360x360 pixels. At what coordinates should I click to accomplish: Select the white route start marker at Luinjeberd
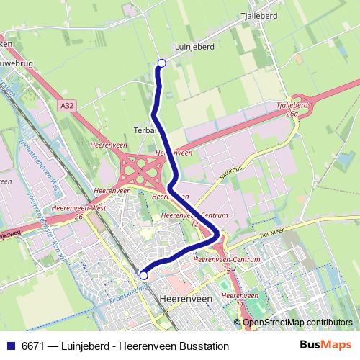161,63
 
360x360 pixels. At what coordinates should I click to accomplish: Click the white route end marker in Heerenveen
144,275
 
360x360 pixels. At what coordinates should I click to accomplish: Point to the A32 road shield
67,106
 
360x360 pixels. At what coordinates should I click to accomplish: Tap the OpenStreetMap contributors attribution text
297,322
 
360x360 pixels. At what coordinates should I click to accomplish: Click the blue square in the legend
10,346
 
